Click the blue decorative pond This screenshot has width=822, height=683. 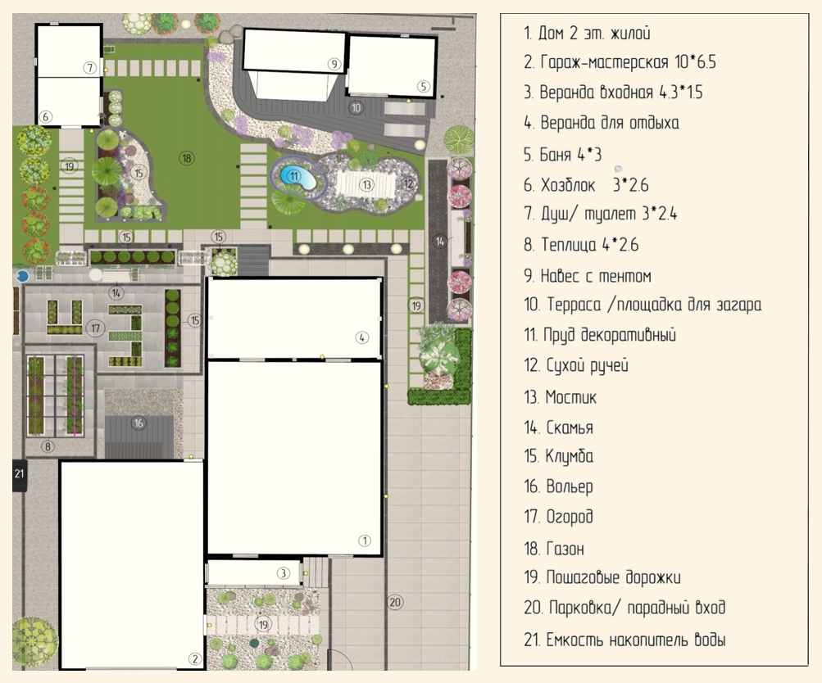point(298,178)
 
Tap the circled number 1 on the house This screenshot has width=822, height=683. point(365,541)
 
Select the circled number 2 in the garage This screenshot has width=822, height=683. point(194,659)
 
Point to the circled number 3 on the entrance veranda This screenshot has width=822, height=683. point(283,573)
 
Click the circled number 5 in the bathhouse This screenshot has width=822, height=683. point(424,87)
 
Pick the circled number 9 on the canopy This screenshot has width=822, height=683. point(334,64)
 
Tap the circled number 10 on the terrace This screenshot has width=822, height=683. point(356,108)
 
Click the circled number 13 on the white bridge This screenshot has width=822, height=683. point(366,184)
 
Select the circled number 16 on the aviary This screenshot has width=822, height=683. point(139,423)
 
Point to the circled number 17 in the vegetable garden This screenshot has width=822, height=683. point(95,328)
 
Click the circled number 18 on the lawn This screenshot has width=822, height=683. point(187,158)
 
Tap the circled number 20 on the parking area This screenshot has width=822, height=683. point(395,603)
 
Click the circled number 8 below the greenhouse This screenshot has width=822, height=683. point(48,446)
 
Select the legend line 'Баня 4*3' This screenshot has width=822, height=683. point(563,155)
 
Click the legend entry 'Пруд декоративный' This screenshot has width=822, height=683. point(600,335)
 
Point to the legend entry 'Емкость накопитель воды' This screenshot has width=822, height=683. point(624,640)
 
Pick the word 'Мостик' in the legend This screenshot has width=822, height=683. point(571,397)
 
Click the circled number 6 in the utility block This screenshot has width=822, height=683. point(46,116)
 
